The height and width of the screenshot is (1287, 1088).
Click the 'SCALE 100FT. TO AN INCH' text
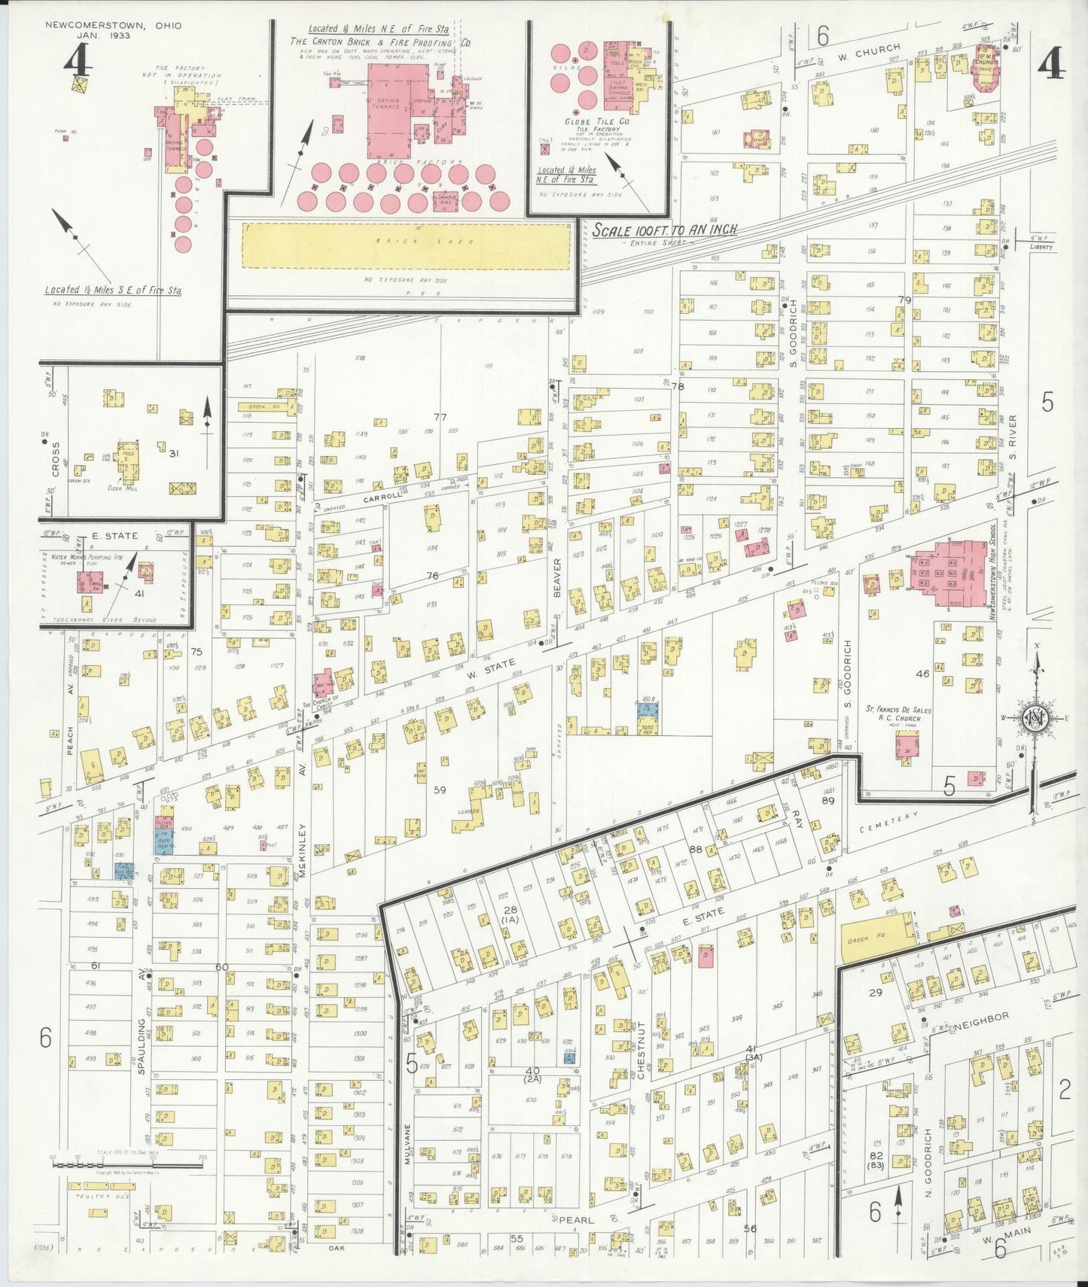click(663, 230)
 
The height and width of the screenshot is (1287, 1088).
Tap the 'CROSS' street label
click(56, 458)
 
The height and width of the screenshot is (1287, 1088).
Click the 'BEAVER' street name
click(558, 577)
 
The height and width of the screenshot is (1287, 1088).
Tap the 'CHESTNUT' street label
click(642, 1050)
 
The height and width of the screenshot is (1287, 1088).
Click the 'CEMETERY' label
click(888, 822)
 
